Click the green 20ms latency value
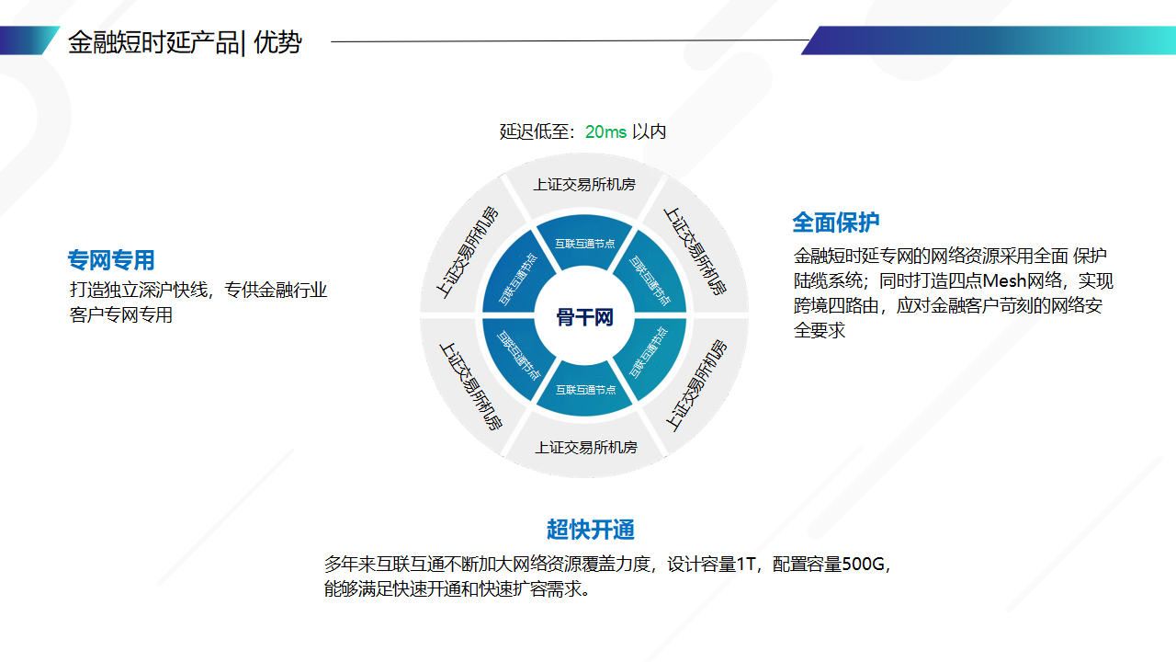605,131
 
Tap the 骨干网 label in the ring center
584,318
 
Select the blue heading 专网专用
111,260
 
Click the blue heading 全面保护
836,223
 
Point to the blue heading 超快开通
591,530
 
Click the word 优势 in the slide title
278,42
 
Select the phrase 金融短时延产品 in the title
153,42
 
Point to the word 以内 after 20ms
650,131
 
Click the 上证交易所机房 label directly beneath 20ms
584,185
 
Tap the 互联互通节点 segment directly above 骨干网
584,244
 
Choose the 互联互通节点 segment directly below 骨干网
584,390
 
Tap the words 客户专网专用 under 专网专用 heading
121,315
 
